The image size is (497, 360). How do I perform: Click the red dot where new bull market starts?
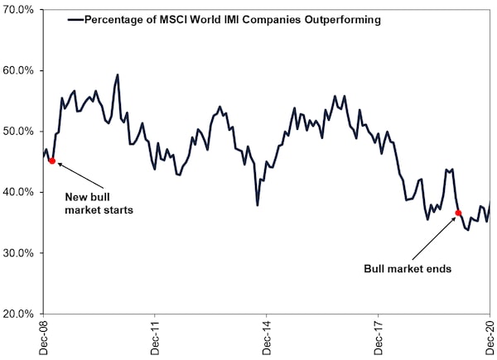pos(52,161)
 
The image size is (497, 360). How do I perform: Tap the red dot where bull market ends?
pos(458,214)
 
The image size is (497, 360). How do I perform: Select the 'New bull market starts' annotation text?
pos(99,204)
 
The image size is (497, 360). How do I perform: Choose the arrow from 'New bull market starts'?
pos(81,175)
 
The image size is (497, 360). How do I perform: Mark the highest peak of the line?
pos(118,74)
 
